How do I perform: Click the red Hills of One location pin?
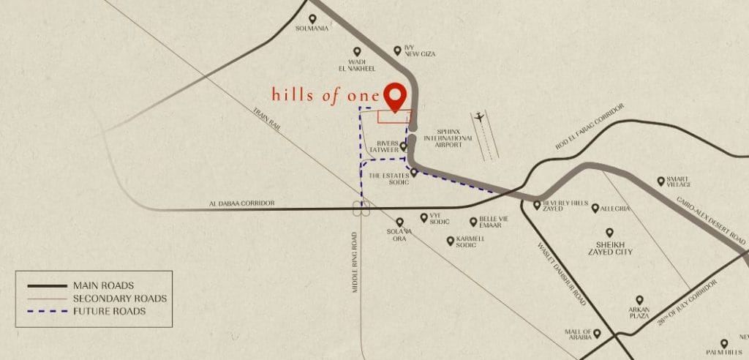(396, 97)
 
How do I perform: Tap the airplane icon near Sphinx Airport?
(480, 116)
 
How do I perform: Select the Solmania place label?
(312, 29)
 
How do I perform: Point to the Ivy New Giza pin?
(398, 50)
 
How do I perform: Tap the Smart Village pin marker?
(661, 181)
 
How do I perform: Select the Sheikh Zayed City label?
(609, 247)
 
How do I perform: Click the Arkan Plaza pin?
(639, 301)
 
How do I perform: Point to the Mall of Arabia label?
(577, 335)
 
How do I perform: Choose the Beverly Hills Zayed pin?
(537, 206)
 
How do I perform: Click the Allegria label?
(614, 209)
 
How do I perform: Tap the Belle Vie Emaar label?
(492, 222)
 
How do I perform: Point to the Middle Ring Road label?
(355, 263)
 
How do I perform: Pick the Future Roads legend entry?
(109, 311)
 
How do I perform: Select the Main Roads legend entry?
(103, 285)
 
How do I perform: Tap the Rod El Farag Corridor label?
(591, 130)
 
